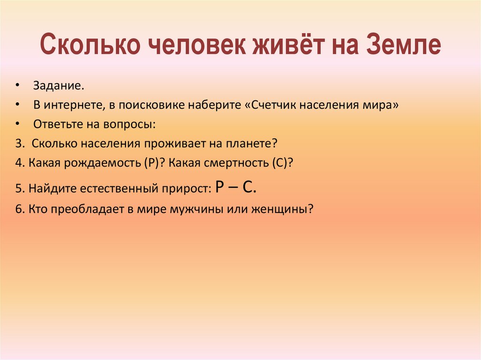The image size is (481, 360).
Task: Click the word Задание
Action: point(59,86)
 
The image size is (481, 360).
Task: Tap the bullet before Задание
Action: point(17,86)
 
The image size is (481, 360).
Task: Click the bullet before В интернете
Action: point(17,105)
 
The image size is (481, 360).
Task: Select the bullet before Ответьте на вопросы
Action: point(17,124)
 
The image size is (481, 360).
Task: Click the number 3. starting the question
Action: point(19,143)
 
